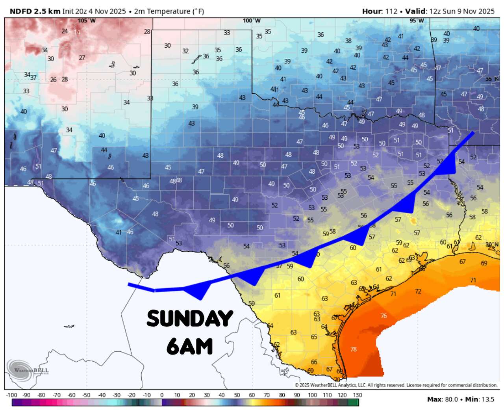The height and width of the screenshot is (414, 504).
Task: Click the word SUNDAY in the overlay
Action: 190,319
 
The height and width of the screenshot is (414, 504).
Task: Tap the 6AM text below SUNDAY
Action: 189,347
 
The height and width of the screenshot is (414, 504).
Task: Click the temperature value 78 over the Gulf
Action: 354,349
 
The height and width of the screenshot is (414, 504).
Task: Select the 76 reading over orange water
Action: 384,316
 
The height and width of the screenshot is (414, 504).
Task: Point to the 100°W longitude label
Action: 252,20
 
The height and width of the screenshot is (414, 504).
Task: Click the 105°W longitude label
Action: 87,20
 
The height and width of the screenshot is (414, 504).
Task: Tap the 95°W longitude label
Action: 417,20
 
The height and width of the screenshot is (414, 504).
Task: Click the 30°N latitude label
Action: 492,245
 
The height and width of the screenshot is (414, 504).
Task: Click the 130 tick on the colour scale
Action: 357,395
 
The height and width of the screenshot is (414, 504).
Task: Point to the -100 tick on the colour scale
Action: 12,395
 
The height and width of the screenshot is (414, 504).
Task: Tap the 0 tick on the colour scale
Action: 162,395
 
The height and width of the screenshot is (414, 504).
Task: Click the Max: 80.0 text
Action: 443,399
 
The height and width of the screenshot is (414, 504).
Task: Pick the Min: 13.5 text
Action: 480,399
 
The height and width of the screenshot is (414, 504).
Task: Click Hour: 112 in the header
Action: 380,11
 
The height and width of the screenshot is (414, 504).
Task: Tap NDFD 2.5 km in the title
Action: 35,11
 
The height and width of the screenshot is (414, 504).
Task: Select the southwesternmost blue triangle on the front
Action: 198,291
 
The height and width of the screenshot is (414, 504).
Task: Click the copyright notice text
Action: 396,385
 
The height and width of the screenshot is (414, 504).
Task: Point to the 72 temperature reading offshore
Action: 418,291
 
